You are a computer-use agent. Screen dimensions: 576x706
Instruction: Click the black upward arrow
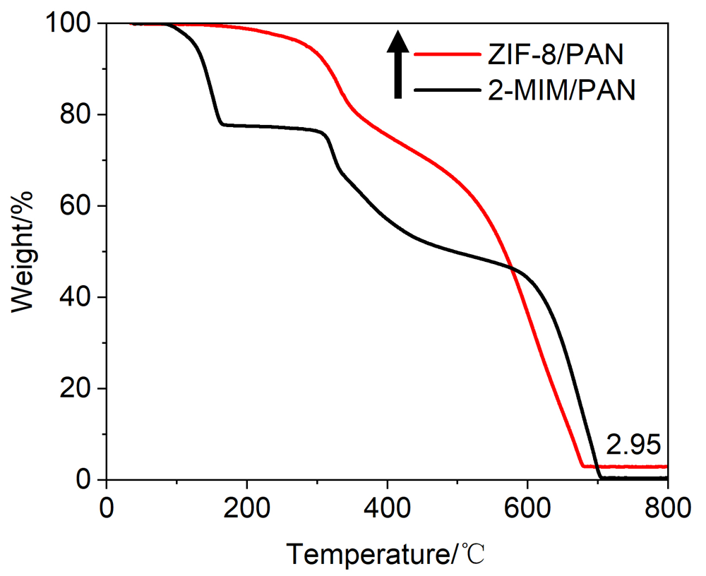coord(398,64)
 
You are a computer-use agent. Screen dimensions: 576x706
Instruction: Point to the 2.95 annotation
coord(633,445)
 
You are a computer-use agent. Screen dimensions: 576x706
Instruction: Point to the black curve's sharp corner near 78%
coord(222,124)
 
